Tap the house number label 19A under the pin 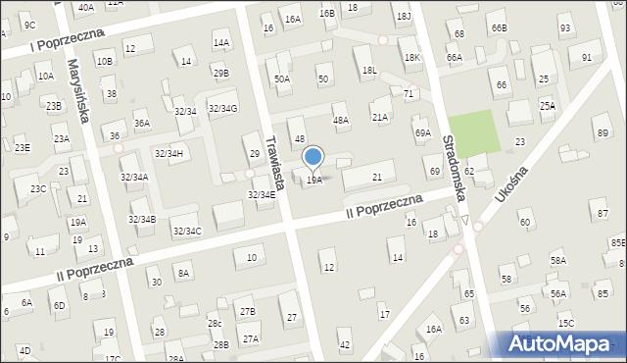coord(313,180)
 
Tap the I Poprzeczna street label coord(40,45)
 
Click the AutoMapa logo coord(562,343)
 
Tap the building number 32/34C coord(186,231)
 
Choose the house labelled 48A coord(341,120)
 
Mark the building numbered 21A coord(380,117)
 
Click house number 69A coord(422,132)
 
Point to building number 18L coord(369,71)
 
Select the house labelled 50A coord(282,78)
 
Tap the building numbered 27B coord(247,312)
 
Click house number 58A coord(557,260)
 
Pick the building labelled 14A coord(221,42)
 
